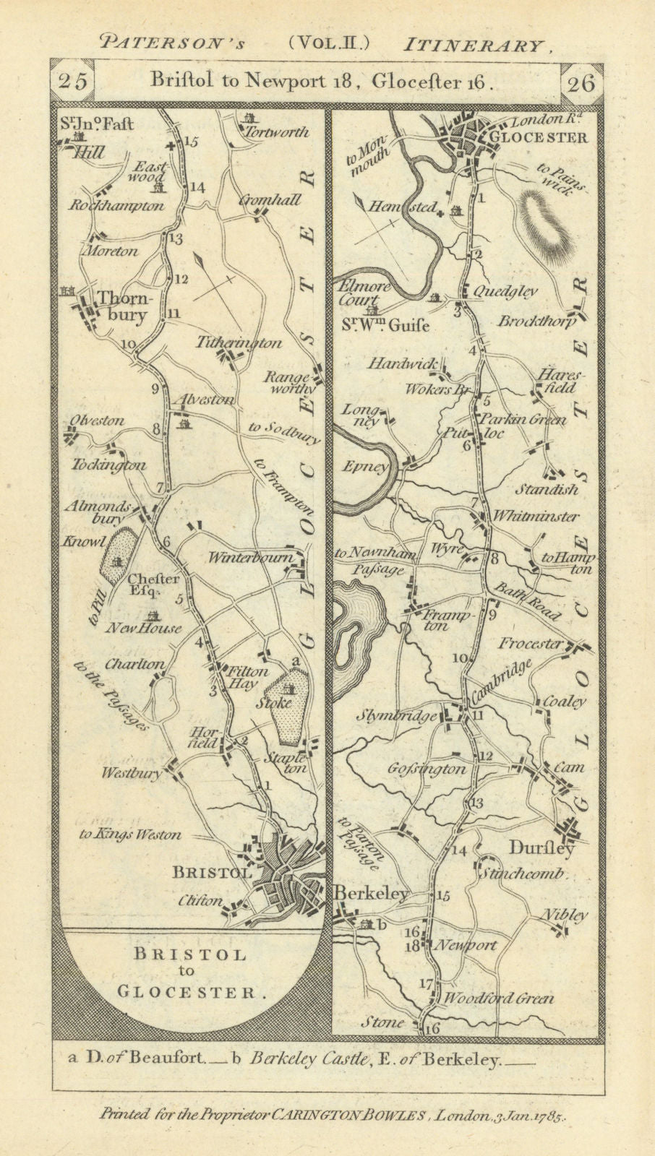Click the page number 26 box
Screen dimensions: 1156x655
click(x=581, y=82)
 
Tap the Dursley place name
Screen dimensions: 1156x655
click(x=543, y=847)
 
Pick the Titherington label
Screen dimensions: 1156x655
click(x=239, y=344)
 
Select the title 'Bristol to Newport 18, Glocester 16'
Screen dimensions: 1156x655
click(x=322, y=82)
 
